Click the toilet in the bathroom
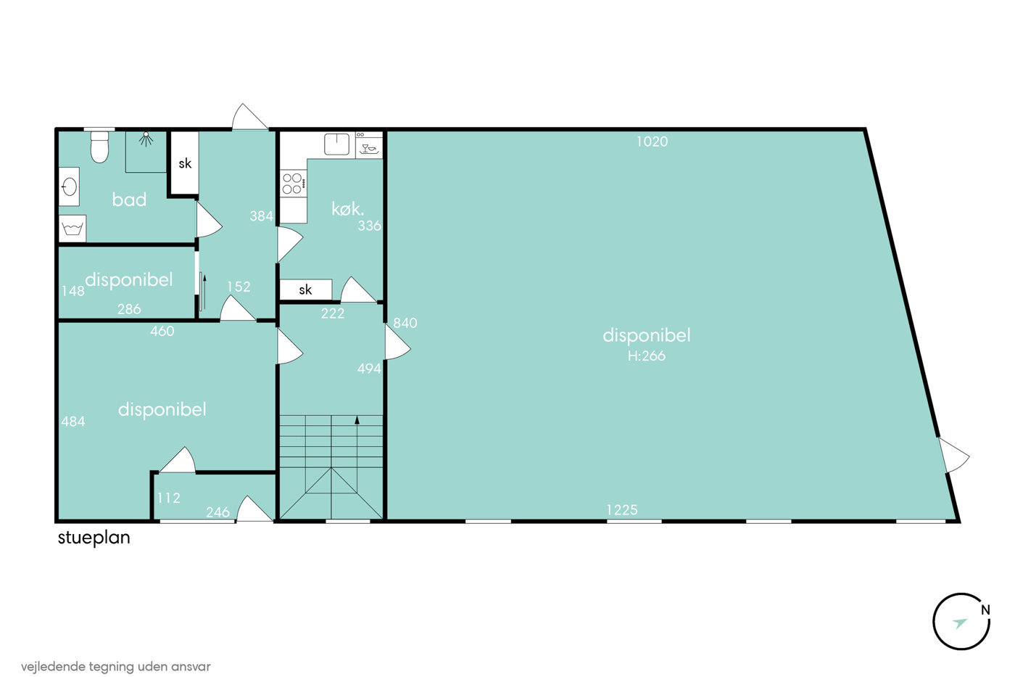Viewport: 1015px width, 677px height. point(100,147)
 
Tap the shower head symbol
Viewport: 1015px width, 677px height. point(146,139)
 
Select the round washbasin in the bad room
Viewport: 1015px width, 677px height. point(70,186)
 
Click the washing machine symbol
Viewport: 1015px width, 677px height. point(73,228)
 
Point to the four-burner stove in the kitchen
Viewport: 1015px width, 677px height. point(293,183)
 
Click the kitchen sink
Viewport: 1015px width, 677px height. point(336,144)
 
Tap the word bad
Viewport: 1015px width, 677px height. point(129,200)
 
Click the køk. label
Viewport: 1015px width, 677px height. point(348,209)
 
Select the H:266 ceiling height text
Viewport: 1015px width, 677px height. point(647,356)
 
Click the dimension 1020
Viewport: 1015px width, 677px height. point(652,142)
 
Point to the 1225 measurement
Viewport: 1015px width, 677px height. point(622,510)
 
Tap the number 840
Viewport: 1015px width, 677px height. point(405,323)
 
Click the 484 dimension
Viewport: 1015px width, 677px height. point(73,422)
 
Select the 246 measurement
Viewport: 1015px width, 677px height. point(218,512)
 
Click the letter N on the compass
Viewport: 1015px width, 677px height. point(985,610)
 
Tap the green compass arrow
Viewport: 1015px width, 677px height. point(959,623)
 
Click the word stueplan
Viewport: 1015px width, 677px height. point(94,538)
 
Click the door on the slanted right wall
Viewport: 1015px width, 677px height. point(953,455)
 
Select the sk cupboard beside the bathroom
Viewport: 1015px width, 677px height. point(185,163)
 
